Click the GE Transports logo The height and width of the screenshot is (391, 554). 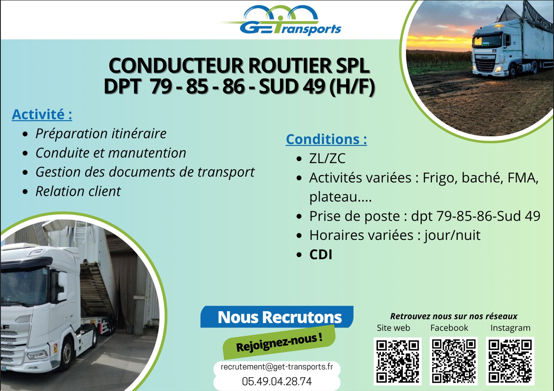pyautogui.click(x=278, y=20)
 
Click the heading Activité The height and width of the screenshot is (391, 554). pyautogui.click(x=42, y=114)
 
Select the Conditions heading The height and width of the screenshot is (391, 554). pyautogui.click(x=327, y=139)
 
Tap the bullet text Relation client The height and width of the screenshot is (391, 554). pyautogui.click(x=78, y=191)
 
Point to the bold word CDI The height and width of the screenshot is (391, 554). pyautogui.click(x=321, y=255)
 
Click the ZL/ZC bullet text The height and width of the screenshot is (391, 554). pyautogui.click(x=327, y=159)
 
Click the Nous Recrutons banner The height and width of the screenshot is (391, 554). pyautogui.click(x=277, y=317)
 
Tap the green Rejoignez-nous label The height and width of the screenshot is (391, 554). pyautogui.click(x=279, y=343)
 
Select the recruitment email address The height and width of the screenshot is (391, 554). pyautogui.click(x=277, y=367)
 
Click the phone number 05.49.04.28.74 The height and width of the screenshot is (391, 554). pyautogui.click(x=277, y=381)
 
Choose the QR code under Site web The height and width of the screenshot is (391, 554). pyautogui.click(x=398, y=361)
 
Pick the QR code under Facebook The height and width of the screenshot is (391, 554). pyautogui.click(x=453, y=361)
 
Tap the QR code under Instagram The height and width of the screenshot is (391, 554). pyautogui.click(x=510, y=361)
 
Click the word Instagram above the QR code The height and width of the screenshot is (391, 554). pyautogui.click(x=511, y=328)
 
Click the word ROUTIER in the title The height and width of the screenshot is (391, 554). pyautogui.click(x=290, y=66)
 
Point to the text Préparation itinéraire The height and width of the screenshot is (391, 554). pyautogui.click(x=101, y=134)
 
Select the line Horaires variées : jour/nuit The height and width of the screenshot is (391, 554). pyautogui.click(x=395, y=235)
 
